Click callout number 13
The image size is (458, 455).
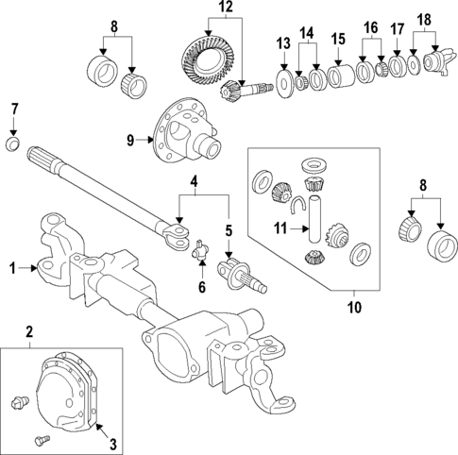point(283,43)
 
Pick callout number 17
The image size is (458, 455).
point(397,42)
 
